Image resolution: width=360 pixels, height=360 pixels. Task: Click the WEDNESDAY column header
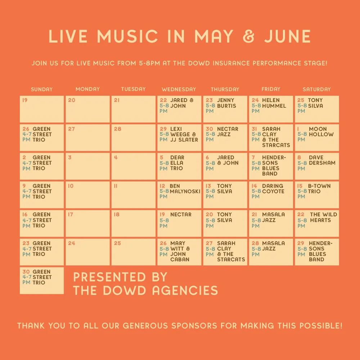coord(179,89)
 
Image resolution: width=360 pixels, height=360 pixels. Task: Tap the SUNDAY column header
coord(42,89)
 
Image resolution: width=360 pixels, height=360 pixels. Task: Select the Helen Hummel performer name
coord(274,103)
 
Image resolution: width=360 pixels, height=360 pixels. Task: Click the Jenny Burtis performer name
coord(226,103)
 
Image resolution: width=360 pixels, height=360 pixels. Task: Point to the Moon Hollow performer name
coord(321,131)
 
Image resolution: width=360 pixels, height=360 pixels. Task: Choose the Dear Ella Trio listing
coord(177,163)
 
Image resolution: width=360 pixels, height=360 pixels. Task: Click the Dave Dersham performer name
coord(322,160)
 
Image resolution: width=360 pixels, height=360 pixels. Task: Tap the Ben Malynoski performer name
coord(185,189)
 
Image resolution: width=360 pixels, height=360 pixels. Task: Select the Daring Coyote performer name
coord(273,189)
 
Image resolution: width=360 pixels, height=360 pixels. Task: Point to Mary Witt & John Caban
coord(180,251)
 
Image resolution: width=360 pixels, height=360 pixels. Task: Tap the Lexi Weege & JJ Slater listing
coord(184,134)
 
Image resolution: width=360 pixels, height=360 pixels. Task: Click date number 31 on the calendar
coord(255,129)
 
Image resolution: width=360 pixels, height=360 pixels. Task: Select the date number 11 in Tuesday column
coord(116,186)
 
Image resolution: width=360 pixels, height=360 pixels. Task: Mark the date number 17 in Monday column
coord(70,215)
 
